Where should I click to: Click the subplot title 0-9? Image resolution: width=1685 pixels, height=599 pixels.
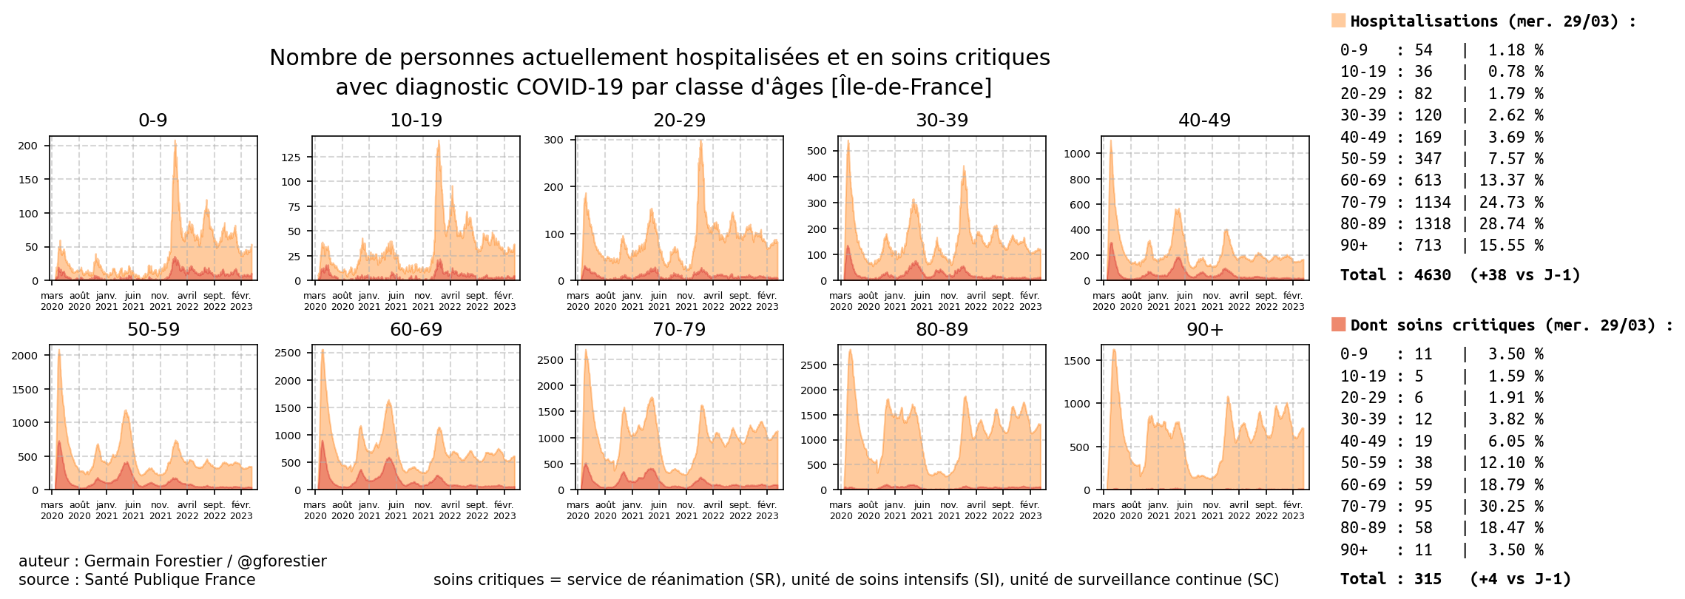pyautogui.click(x=153, y=121)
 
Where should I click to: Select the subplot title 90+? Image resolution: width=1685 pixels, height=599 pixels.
pyautogui.click(x=1204, y=330)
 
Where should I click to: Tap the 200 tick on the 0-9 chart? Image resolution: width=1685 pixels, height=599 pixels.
pyautogui.click(x=28, y=146)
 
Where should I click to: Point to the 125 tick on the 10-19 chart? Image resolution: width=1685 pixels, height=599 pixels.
pyautogui.click(x=291, y=158)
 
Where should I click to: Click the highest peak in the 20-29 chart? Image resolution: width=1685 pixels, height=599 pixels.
pyautogui.click(x=700, y=142)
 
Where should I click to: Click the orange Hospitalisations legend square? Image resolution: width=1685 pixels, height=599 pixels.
pyautogui.click(x=1338, y=21)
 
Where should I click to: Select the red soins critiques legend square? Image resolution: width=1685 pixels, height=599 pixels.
pyautogui.click(x=1338, y=325)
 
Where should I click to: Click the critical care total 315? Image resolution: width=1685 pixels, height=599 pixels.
pyautogui.click(x=1428, y=579)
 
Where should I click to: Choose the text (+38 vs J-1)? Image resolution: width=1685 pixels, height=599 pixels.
pyautogui.click(x=1524, y=275)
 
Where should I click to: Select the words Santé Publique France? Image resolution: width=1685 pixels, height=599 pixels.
pyautogui.click(x=169, y=580)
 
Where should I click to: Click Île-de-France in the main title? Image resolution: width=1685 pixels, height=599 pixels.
pyautogui.click(x=911, y=87)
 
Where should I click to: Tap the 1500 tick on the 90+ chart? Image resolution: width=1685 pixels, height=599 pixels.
pyautogui.click(x=1076, y=361)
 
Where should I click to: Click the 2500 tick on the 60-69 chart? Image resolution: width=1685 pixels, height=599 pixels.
pyautogui.click(x=288, y=353)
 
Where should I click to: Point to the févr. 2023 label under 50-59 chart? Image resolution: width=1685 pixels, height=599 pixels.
pyautogui.click(x=241, y=510)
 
